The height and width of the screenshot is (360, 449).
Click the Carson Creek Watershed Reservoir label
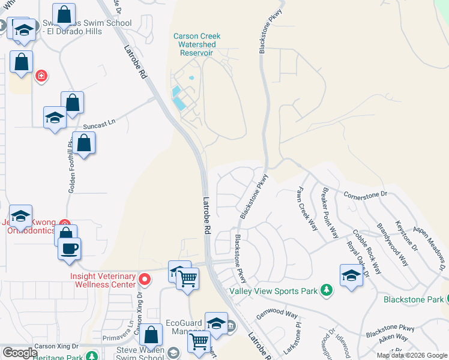pos(197,44)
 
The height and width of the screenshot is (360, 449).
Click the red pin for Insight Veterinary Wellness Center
pos(144,280)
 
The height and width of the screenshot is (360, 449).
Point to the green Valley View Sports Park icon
pos(326,290)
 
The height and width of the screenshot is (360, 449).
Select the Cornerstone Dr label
pos(366,194)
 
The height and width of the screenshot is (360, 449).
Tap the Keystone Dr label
pos(406,235)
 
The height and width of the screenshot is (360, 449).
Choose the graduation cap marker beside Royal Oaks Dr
pos(352,275)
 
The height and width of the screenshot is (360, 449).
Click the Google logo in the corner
pos(19,353)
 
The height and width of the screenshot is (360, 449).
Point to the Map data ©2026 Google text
pos(411,355)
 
